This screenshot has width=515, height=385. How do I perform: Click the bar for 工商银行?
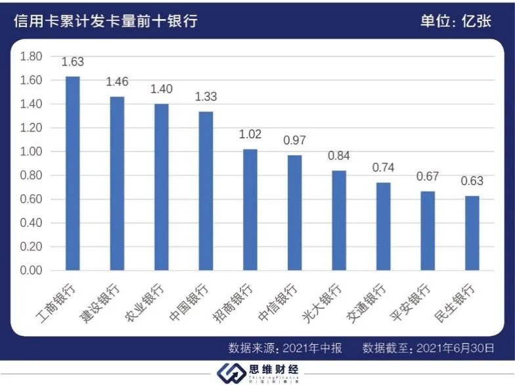(x=72, y=173)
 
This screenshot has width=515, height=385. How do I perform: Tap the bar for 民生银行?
(x=472, y=233)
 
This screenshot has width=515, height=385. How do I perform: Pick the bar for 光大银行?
(x=339, y=220)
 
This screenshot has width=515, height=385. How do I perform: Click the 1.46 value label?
(x=117, y=83)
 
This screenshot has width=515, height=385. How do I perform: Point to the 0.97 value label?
(x=294, y=141)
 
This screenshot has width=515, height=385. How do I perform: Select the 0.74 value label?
(x=383, y=168)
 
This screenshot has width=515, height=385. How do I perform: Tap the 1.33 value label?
(x=206, y=97)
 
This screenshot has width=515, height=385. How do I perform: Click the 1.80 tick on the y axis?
(x=32, y=56)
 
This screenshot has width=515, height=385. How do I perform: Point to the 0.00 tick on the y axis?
(x=32, y=270)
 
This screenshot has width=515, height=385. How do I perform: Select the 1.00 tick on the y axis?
(x=32, y=152)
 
